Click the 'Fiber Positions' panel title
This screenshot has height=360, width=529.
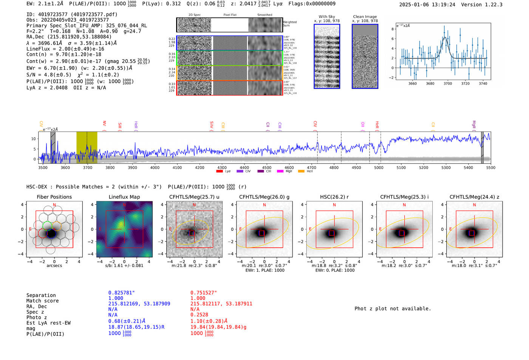click(x=54, y=197)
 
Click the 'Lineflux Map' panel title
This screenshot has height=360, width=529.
click(x=124, y=197)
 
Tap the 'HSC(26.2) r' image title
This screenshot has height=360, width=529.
click(x=334, y=197)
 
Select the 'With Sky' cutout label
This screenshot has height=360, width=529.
click(x=326, y=17)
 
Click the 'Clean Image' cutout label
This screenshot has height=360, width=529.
click(x=365, y=17)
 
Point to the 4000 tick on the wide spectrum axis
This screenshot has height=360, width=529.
click(x=155, y=167)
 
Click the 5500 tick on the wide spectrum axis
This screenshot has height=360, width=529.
click(x=490, y=167)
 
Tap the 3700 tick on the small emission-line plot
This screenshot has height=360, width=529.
click(x=448, y=83)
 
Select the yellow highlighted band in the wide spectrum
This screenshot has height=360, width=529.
click(x=87, y=147)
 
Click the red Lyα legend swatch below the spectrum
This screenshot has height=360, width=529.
click(x=219, y=172)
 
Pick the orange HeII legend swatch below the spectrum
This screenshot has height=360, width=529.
click(x=301, y=172)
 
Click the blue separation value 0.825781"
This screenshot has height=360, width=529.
click(x=121, y=293)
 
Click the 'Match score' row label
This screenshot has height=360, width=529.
click(x=42, y=301)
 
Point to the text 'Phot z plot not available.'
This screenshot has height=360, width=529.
click(x=393, y=309)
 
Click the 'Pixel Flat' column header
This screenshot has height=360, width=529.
click(x=230, y=15)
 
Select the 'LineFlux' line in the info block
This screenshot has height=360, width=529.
click(x=65, y=49)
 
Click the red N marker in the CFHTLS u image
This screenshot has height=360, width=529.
click(x=194, y=205)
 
